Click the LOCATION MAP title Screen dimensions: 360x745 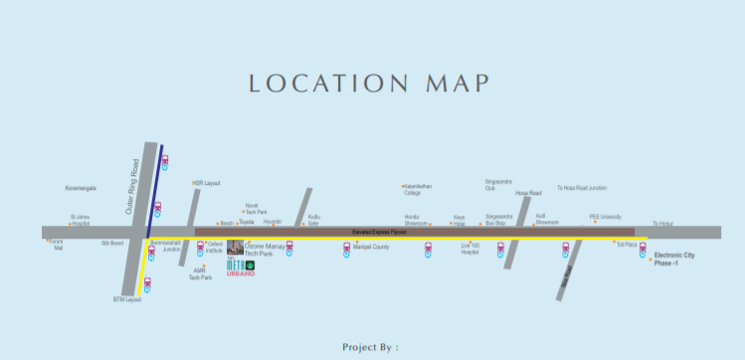click(x=372, y=83)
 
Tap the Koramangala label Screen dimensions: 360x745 click(x=81, y=187)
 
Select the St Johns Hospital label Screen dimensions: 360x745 click(x=81, y=220)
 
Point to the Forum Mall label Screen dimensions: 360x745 click(x=57, y=245)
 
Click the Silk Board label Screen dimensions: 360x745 click(x=111, y=242)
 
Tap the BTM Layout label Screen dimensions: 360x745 click(x=127, y=298)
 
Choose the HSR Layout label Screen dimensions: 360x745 click(x=205, y=183)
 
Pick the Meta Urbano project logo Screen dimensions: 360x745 click(x=242, y=267)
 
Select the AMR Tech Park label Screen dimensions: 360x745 click(x=201, y=273)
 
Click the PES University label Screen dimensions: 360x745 click(x=605, y=216)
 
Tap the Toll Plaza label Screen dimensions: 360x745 click(x=626, y=244)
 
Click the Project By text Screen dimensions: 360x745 click(x=369, y=347)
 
